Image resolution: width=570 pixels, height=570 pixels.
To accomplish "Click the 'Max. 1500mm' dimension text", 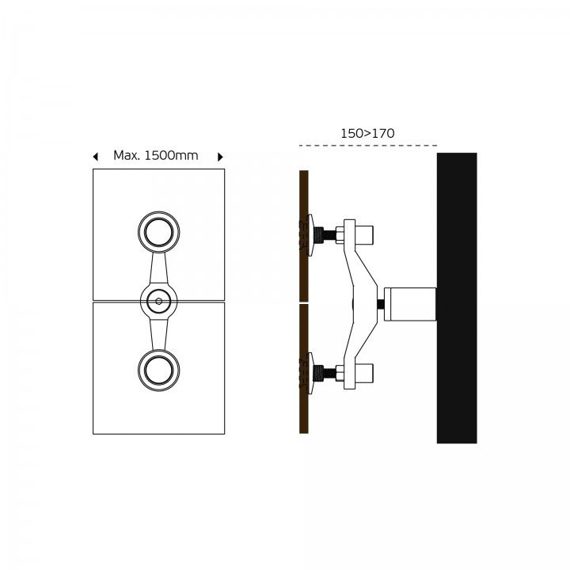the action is tap(156, 156).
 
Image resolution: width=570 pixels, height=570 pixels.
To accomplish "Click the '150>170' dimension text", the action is tap(367, 134).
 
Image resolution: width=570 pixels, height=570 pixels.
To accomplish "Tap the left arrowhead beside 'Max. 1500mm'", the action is tap(96, 157).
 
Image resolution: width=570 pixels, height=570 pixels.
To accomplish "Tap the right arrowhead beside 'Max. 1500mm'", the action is tap(220, 157).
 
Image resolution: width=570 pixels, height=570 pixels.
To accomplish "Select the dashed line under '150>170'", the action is tap(368, 146).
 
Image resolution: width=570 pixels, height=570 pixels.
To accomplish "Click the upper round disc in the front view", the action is tap(159, 232).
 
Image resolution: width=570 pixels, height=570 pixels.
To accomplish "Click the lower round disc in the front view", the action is tap(159, 370).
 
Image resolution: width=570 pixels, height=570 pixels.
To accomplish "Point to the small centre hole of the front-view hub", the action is tap(159, 302).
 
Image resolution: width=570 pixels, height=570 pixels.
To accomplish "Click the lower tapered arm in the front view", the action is tap(159, 334).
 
